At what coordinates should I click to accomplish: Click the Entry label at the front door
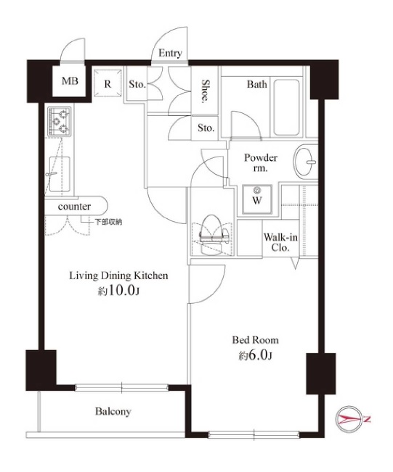170,53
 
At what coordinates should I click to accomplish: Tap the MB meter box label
70,81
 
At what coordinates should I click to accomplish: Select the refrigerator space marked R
108,83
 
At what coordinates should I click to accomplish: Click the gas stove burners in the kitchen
60,121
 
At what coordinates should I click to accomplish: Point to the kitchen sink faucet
51,174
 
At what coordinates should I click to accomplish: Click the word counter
74,207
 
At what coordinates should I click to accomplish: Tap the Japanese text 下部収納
108,222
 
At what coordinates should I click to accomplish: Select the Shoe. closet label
206,91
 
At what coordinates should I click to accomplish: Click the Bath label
257,84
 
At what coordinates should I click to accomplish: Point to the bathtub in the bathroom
286,107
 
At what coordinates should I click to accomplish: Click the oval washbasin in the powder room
304,162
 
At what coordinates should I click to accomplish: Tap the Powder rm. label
261,162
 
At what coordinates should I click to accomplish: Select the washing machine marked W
257,199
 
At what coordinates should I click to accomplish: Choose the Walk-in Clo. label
280,242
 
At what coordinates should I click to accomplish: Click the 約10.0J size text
118,291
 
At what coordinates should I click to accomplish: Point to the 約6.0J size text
255,356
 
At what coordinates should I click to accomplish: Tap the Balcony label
113,412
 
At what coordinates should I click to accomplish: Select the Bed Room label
255,340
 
